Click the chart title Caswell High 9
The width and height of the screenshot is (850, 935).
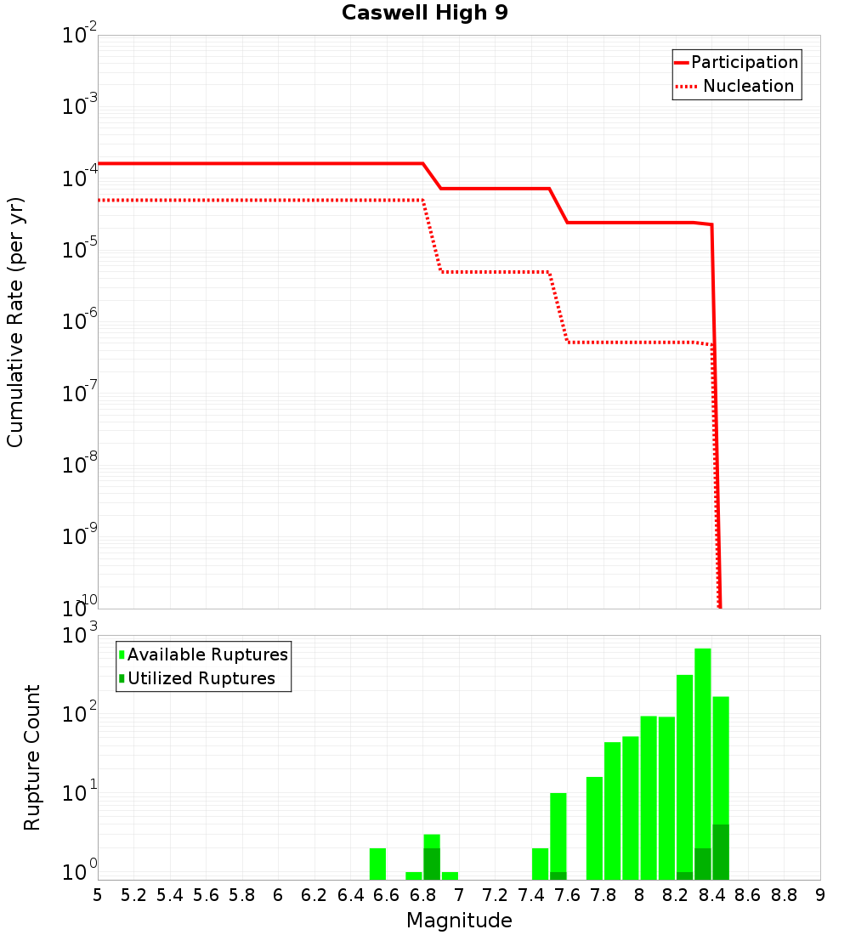(x=424, y=14)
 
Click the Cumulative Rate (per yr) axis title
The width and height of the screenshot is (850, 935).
(x=15, y=321)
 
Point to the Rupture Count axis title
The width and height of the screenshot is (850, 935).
(x=32, y=757)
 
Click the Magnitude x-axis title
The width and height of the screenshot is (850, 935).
(x=459, y=921)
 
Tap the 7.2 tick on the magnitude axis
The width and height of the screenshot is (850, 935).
(x=495, y=895)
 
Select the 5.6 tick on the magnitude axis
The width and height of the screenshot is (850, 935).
(x=206, y=895)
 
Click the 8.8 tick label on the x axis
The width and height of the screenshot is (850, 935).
(x=784, y=895)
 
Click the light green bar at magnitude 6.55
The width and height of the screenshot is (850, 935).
(x=377, y=864)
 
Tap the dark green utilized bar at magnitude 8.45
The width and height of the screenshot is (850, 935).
(x=721, y=852)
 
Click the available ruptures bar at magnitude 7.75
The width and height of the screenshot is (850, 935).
(x=594, y=828)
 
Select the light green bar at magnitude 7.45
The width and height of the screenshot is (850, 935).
(x=540, y=864)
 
